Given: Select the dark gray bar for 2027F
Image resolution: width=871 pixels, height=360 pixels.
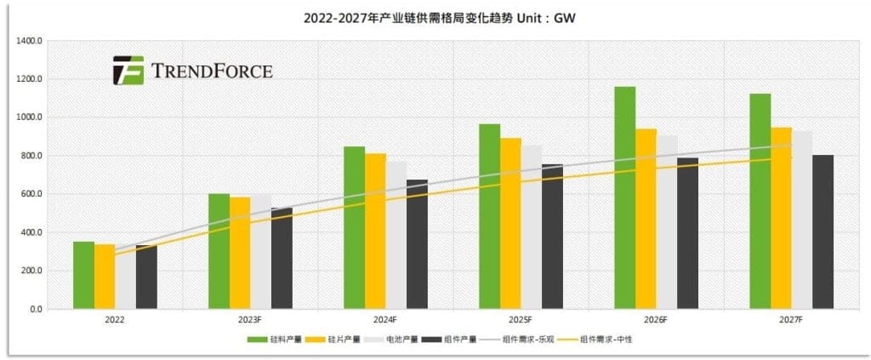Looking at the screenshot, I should [823, 231].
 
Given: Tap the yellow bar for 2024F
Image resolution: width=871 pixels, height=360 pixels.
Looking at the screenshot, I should [375, 231].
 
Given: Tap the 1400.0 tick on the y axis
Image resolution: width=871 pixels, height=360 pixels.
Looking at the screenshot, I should [31, 41].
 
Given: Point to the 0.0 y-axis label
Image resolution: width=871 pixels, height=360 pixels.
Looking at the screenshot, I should [36, 310].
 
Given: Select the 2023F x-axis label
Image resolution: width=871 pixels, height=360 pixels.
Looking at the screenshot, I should [249, 321].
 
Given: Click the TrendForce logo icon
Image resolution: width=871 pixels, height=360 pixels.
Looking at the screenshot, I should [128, 71].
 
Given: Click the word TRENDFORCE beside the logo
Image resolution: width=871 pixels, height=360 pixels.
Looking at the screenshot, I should [212, 71].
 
